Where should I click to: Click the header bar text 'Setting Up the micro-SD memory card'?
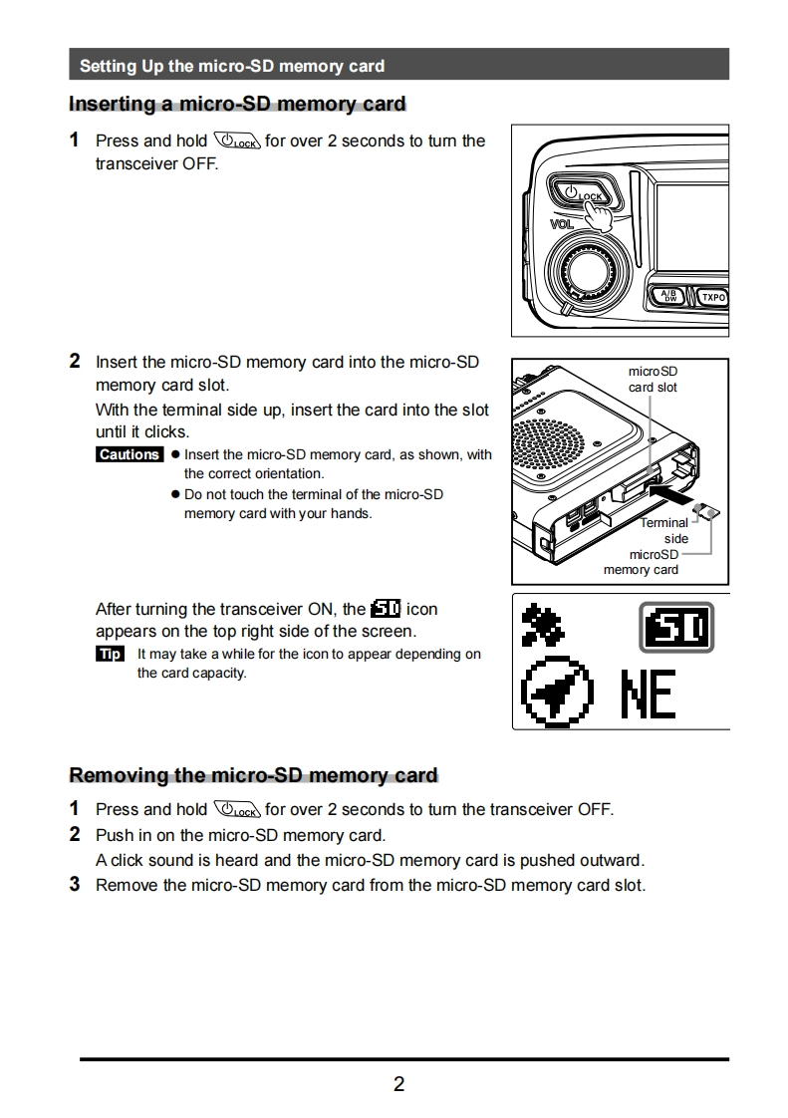(x=231, y=66)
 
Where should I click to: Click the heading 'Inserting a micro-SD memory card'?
(x=237, y=104)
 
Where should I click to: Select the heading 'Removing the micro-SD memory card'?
(x=253, y=775)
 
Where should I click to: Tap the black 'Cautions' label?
(x=130, y=454)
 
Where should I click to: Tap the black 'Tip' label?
(x=110, y=654)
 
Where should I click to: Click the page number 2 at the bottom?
(x=398, y=1084)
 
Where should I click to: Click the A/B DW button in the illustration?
(x=669, y=296)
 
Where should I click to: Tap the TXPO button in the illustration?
(x=713, y=297)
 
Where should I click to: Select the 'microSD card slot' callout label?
(x=653, y=379)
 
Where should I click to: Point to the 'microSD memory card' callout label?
(x=643, y=562)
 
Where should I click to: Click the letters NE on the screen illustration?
(x=649, y=695)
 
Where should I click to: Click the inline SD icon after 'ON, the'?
(x=385, y=609)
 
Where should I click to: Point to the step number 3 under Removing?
(x=75, y=885)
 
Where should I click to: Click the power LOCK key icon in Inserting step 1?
(x=236, y=140)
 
